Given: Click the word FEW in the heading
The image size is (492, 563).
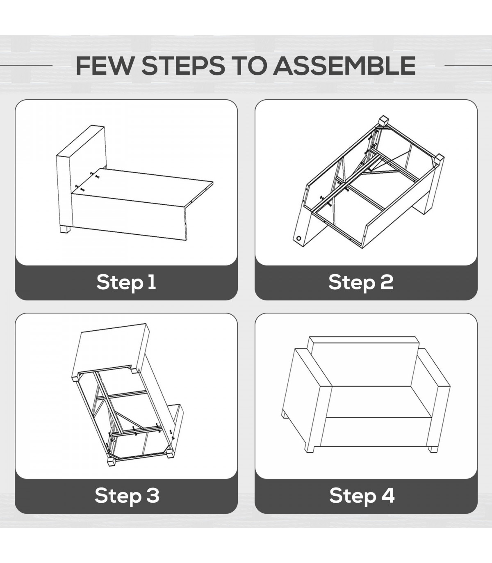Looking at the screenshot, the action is (x=104, y=66).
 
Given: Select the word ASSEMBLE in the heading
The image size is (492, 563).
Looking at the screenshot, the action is (x=344, y=66).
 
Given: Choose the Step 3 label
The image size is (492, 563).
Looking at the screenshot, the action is (x=127, y=496).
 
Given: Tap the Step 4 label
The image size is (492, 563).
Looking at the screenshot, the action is (x=362, y=496).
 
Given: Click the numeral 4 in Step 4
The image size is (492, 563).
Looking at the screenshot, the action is (x=387, y=495).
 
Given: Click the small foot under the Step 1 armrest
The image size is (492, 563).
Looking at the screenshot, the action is (x=65, y=229).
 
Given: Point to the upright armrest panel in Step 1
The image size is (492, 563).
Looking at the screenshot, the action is (x=81, y=176).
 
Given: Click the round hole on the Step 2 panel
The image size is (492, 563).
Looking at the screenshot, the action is (x=299, y=238).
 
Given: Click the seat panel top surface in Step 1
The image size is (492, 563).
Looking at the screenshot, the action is (x=143, y=187).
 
